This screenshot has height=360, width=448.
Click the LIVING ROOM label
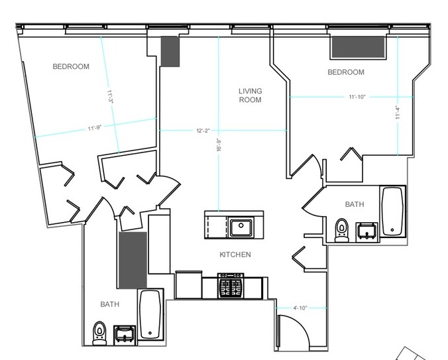(x=251, y=95)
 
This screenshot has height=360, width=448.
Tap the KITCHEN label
(x=235, y=255)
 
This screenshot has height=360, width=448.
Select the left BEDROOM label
(x=71, y=66)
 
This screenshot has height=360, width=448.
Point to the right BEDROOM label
(x=346, y=72)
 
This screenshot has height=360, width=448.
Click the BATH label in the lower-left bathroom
(x=109, y=304)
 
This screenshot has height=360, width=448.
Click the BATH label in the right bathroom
(x=354, y=205)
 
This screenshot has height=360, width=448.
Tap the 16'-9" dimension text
(x=218, y=145)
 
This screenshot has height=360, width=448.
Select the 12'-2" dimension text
(x=203, y=131)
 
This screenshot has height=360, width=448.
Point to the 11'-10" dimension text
(x=357, y=97)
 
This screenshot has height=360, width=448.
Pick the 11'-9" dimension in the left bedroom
(x=93, y=128)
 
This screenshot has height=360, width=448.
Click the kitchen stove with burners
(x=233, y=287)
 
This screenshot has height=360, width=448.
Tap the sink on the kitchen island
(x=241, y=227)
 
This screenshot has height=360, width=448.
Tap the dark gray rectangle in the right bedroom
(x=358, y=48)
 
